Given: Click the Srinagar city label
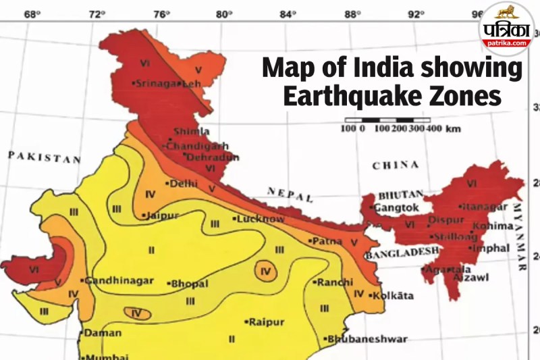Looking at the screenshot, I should [157, 84].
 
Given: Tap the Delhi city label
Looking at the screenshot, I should [183, 183].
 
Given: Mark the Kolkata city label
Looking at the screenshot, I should [398, 295].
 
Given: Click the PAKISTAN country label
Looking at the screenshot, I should [44, 157].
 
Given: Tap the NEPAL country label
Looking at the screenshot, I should [290, 195].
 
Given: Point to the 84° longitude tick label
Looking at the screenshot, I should [288, 13].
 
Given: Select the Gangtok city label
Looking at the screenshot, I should [396, 207].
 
